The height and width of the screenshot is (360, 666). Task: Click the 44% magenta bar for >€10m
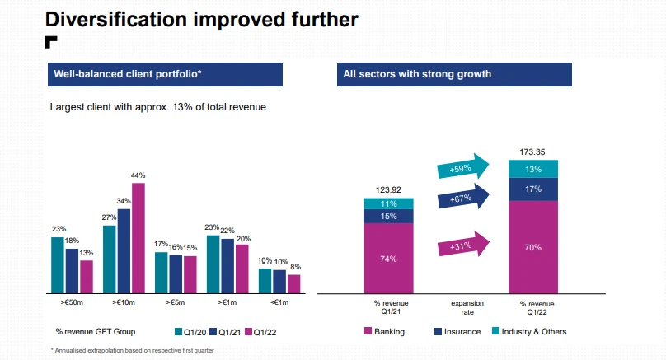(x=138, y=237)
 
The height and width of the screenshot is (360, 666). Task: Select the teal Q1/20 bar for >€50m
(x=58, y=264)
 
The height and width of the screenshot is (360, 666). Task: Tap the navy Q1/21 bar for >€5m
(x=176, y=274)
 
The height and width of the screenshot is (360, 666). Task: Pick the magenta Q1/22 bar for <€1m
(x=294, y=283)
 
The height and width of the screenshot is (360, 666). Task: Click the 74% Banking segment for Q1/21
(x=388, y=258)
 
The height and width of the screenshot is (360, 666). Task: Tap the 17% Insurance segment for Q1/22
(x=532, y=189)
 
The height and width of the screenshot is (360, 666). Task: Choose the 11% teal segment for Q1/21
(x=388, y=203)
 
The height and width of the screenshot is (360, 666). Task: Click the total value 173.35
(x=532, y=152)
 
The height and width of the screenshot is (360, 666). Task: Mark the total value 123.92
(x=388, y=189)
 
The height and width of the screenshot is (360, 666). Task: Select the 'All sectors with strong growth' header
(x=416, y=74)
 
